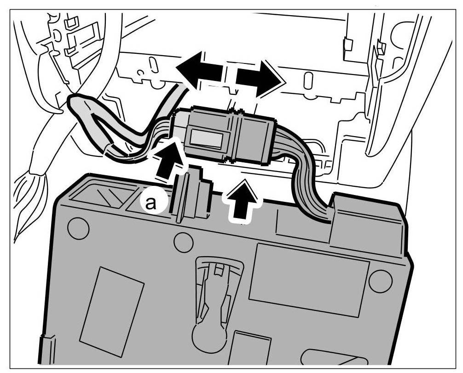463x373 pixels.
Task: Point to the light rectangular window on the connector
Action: click(207, 138)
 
